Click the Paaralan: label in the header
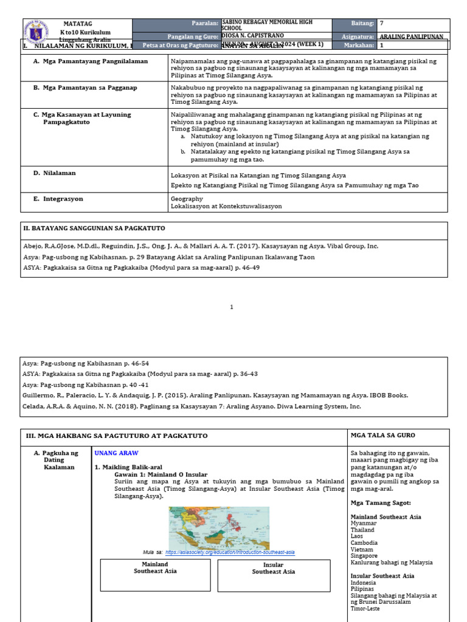(x=205, y=23)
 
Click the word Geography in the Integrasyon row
(x=187, y=199)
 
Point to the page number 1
(x=232, y=307)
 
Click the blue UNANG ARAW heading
(x=116, y=453)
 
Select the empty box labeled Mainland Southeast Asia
(x=155, y=575)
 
